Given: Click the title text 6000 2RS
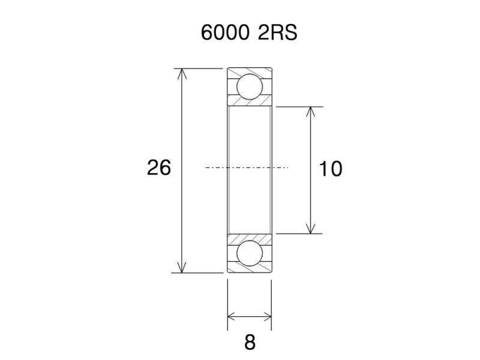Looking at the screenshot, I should tap(249, 32).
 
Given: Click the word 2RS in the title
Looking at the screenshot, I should tap(277, 32).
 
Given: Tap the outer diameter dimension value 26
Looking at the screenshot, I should tap(159, 168).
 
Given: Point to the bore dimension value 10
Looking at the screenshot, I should tap(330, 169).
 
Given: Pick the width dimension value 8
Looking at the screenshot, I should tap(250, 343).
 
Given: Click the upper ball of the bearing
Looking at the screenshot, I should tap(249, 86).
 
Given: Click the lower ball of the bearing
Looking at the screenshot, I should tap(249, 254).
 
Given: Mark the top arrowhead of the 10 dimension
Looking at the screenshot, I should tap(310, 112).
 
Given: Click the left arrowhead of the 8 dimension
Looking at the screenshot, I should tap(232, 316).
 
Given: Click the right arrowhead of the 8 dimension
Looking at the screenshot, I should tap(267, 316).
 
